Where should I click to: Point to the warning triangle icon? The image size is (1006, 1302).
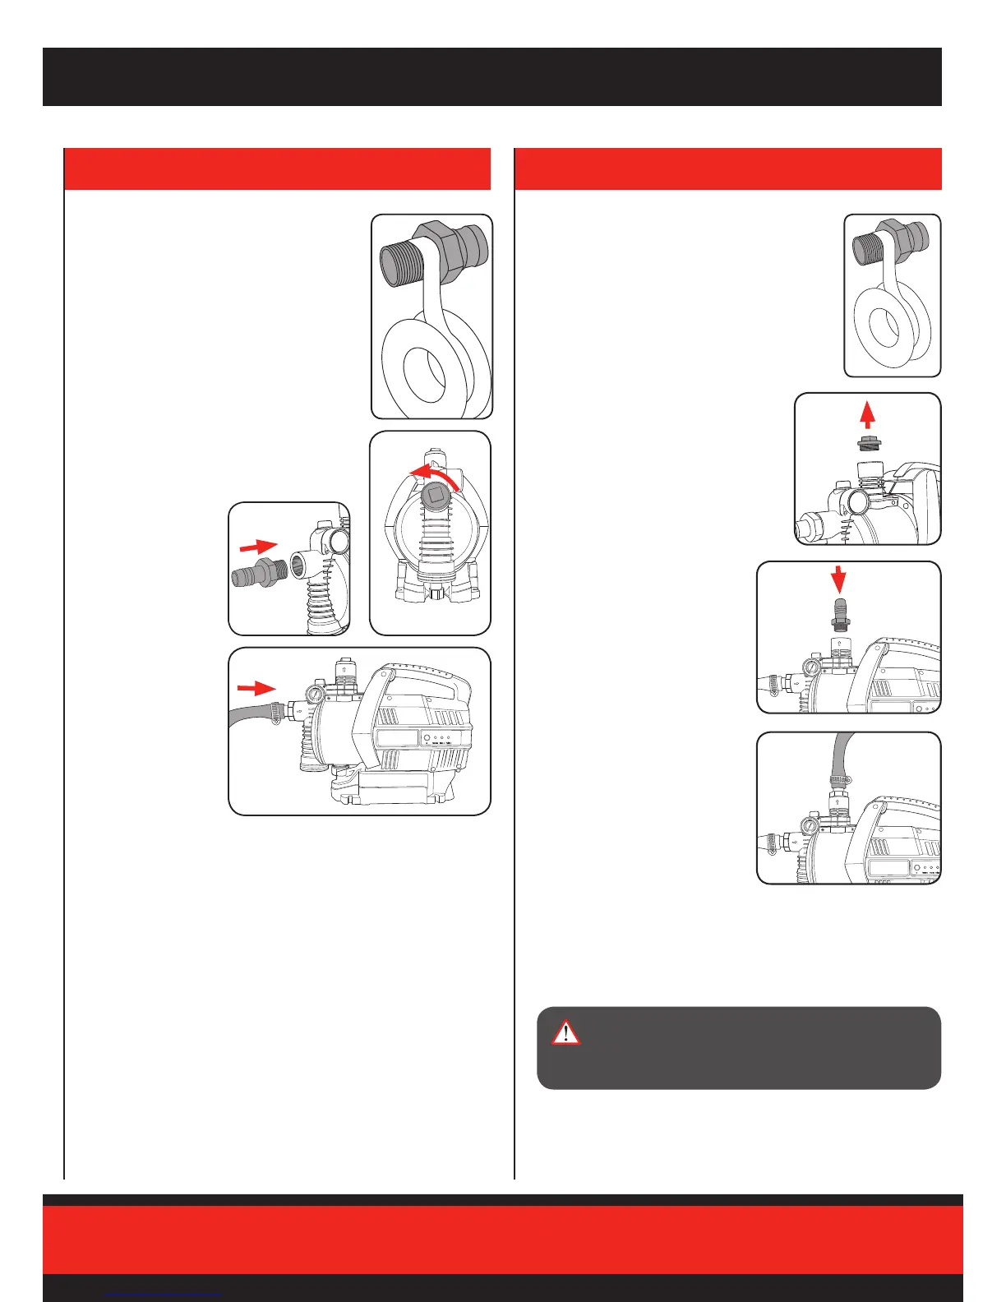(x=565, y=1032)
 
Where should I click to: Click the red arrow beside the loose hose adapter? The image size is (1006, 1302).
(x=257, y=545)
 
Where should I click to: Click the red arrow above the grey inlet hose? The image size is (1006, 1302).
(x=256, y=687)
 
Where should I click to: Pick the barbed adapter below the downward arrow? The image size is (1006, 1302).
(x=838, y=615)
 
